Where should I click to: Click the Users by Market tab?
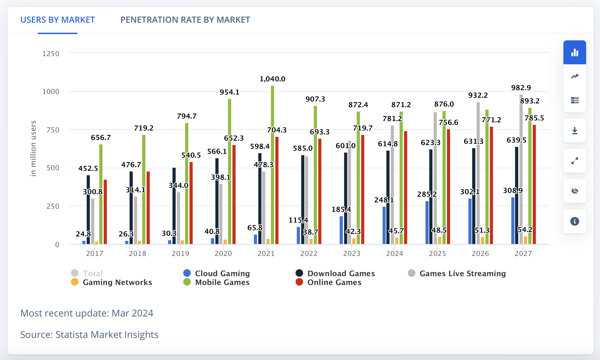click(57, 20)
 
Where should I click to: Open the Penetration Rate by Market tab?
click(185, 20)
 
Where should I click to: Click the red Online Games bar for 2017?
click(105, 211)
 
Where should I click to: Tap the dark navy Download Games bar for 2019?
click(174, 205)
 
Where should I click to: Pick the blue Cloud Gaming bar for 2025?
click(427, 222)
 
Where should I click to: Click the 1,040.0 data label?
click(272, 79)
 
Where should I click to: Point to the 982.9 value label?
click(521, 88)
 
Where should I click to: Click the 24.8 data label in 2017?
click(83, 234)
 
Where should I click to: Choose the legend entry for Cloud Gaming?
click(222, 273)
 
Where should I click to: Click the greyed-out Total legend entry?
click(92, 273)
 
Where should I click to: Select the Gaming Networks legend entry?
click(117, 282)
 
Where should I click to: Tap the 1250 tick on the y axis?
click(51, 54)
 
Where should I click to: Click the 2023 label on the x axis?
click(352, 253)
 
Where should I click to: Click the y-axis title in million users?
click(33, 148)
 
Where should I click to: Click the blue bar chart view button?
click(574, 52)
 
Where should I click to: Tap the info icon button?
click(574, 221)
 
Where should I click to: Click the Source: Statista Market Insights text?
click(89, 334)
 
